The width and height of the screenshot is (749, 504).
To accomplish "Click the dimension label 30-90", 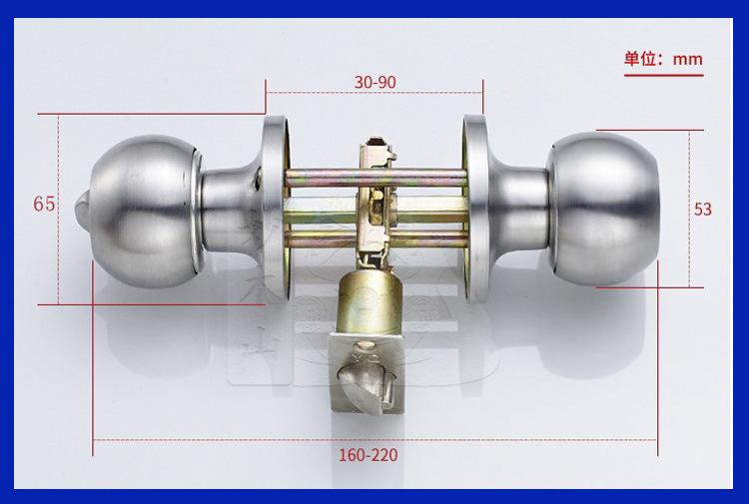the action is coord(374,82).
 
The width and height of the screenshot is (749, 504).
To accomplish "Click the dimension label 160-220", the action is coord(369,455).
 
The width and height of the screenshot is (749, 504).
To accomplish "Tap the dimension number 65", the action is coord(44,204).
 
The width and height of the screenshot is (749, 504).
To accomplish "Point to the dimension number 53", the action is coord(703,209).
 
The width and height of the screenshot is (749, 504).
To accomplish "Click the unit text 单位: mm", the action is coord(663,59).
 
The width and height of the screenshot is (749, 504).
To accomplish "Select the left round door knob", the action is coord(143,211).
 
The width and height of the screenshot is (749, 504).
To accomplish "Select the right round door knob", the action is coord(604,209).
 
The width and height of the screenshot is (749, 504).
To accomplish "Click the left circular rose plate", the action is coord(276,209).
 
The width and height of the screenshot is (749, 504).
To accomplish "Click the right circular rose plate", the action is coord(474,209).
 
